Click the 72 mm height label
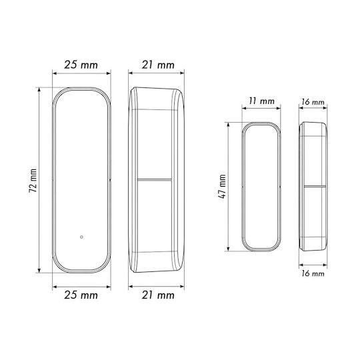pyautogui.click(x=33, y=181)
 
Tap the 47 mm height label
pyautogui.click(x=222, y=187)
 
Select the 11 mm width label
pyautogui.click(x=261, y=101)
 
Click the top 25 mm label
pyautogui.click(x=81, y=65)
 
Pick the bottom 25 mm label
pyautogui.click(x=81, y=295)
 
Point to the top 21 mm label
pyautogui.click(x=158, y=65)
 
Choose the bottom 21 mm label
pyautogui.click(x=158, y=295)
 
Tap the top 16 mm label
pyautogui.click(x=313, y=102)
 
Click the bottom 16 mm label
pyautogui.click(x=313, y=273)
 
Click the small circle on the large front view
pyautogui.click(x=81, y=237)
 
